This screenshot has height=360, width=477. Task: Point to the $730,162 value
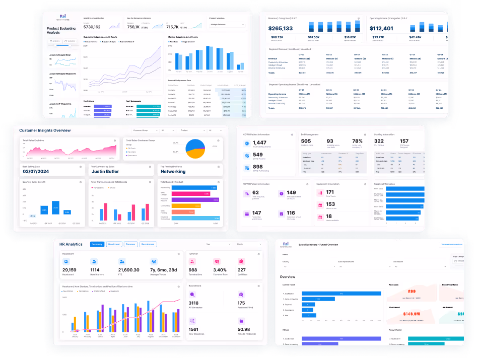tap(92, 27)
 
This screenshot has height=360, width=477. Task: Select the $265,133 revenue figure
tap(281, 29)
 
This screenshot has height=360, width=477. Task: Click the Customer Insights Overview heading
tap(45, 130)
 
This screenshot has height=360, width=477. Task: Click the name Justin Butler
tap(105, 172)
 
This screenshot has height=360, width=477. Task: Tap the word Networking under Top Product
tap(173, 172)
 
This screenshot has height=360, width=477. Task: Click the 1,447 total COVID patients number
tap(261, 143)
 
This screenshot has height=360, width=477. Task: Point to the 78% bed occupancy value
tap(357, 141)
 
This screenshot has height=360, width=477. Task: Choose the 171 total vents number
tap(330, 192)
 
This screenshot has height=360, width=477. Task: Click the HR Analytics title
tap(71, 244)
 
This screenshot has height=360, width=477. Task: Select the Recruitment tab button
tap(148, 244)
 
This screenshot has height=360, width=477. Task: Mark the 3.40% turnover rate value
tap(220, 270)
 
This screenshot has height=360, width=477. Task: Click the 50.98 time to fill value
tap(244, 329)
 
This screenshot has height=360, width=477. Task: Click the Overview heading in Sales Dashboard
tap(288, 277)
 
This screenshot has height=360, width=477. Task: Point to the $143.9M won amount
tap(411, 313)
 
